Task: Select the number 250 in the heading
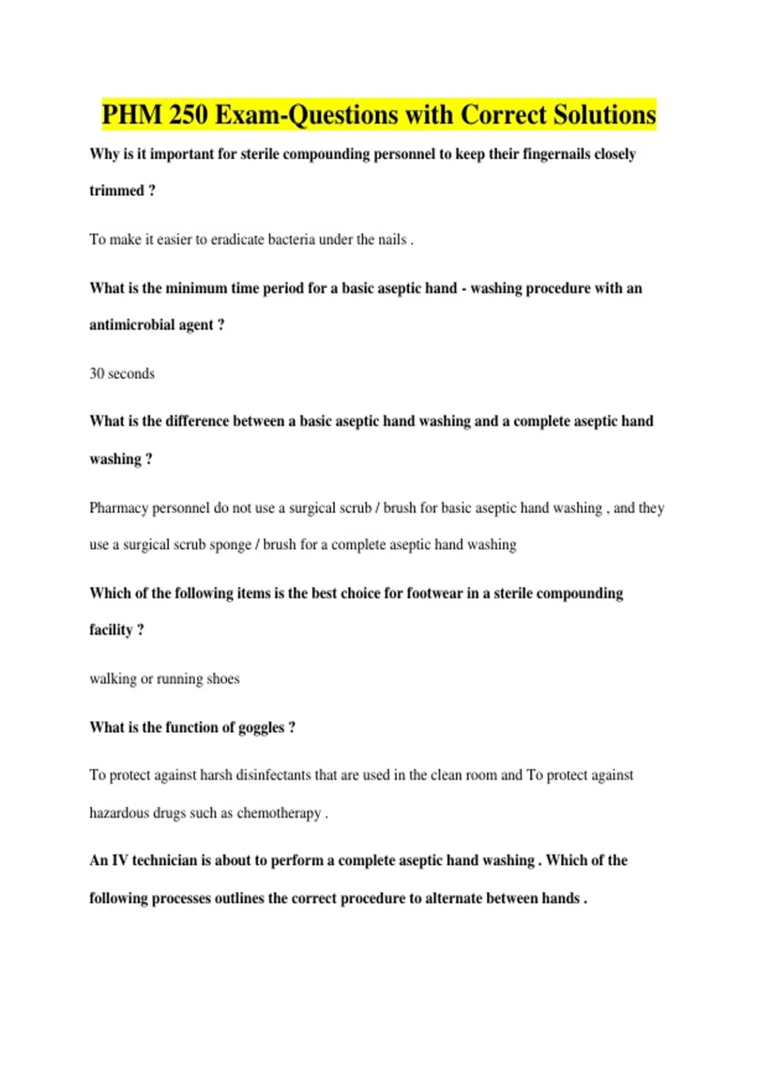(x=189, y=116)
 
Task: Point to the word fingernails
(x=556, y=154)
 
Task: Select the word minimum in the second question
(x=196, y=289)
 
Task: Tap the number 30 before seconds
(x=97, y=374)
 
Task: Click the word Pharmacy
(x=118, y=509)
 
